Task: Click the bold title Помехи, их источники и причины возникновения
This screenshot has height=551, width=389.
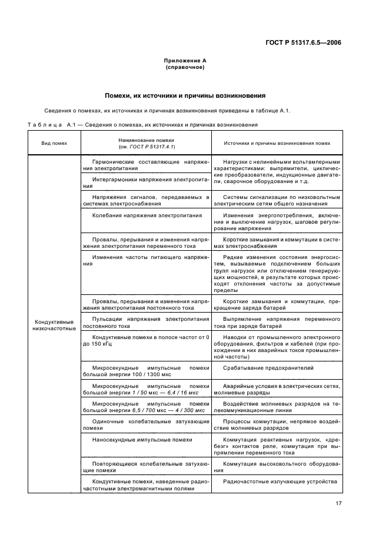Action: (x=184, y=95)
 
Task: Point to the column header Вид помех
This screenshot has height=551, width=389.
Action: (x=54, y=143)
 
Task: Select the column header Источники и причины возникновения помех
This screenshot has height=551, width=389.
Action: (x=277, y=143)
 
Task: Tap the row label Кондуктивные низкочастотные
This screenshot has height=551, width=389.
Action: (x=54, y=325)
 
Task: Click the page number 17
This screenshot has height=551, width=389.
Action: (x=338, y=503)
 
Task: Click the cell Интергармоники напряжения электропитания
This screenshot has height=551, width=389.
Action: (x=145, y=181)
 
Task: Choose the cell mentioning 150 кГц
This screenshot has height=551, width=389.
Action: (x=145, y=340)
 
